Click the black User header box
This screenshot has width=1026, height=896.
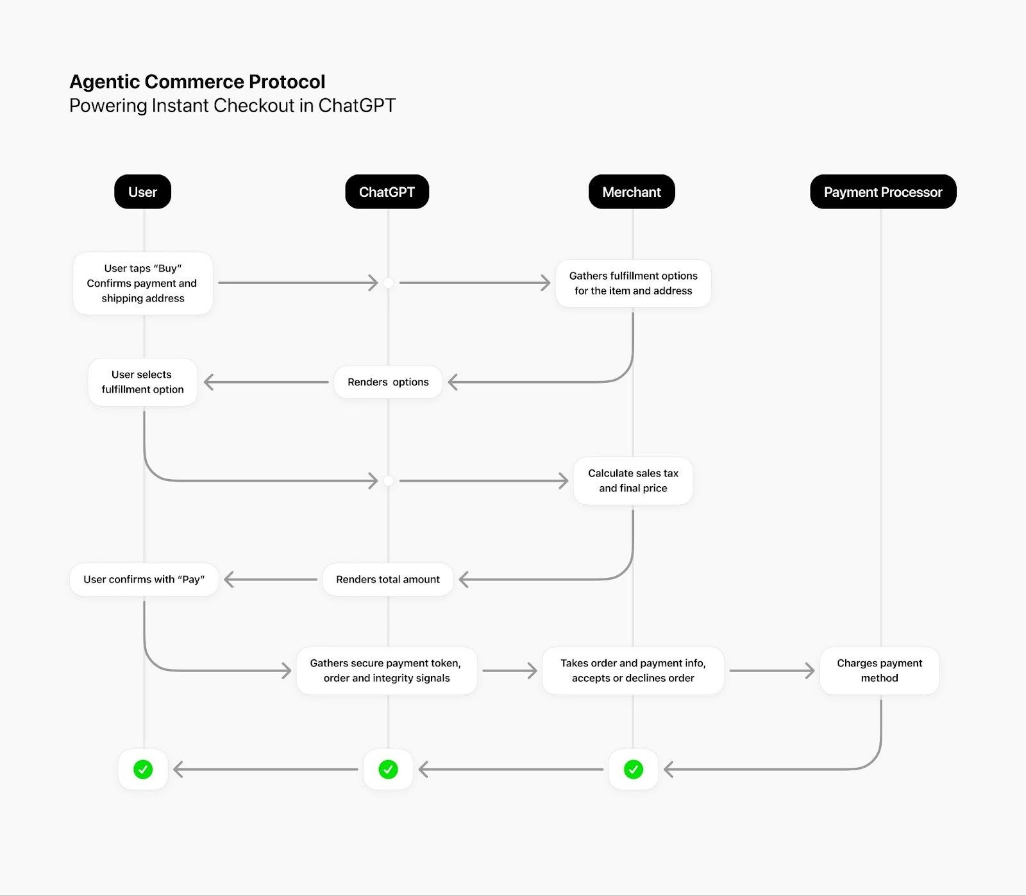(142, 192)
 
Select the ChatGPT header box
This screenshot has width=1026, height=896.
(387, 192)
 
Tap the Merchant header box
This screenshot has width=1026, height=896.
(632, 192)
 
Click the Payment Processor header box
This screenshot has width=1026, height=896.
(883, 192)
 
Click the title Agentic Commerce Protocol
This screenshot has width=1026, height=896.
(197, 82)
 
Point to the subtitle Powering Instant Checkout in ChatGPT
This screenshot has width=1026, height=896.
(232, 106)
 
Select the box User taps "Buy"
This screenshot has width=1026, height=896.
(142, 283)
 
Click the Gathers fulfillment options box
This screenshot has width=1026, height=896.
(633, 283)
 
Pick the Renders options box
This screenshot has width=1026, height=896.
(388, 382)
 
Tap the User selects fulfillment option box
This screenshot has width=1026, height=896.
(142, 382)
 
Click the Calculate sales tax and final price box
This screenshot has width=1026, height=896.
(633, 481)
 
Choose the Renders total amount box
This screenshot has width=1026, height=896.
(388, 580)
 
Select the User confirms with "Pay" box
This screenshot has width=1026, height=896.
(144, 580)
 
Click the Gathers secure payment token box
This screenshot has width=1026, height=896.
(386, 671)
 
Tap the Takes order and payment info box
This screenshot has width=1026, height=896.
(633, 671)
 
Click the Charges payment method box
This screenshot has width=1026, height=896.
(879, 671)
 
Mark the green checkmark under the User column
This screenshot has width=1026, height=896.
(143, 770)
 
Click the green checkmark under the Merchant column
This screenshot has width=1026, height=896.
(634, 770)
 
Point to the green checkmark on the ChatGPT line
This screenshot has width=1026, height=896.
(388, 770)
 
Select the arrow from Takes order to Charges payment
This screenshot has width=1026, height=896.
(772, 671)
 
